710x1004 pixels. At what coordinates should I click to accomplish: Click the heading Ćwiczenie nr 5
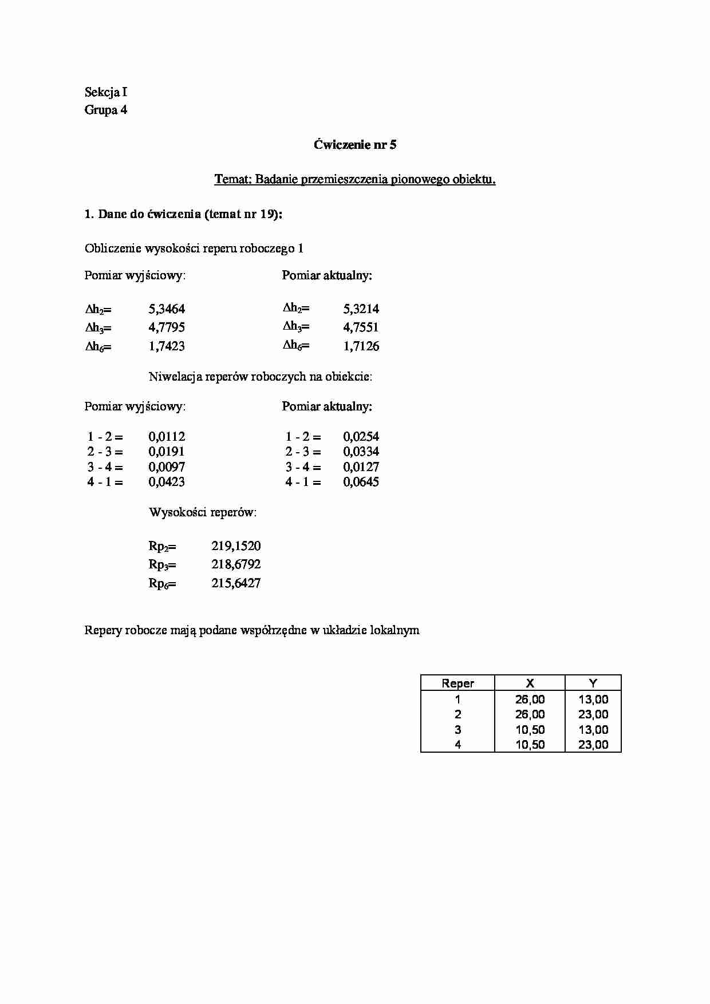pos(354,145)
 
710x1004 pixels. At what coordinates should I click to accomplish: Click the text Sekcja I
pos(106,92)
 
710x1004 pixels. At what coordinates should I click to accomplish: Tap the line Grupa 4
pos(106,110)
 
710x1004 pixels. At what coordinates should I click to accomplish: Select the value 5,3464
pos(167,309)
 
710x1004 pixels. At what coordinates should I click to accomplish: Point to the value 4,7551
pos(361,327)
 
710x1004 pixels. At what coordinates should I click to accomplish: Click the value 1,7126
pos(361,346)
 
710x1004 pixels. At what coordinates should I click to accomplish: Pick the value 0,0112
pos(167,437)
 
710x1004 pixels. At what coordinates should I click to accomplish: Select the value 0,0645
pos(361,482)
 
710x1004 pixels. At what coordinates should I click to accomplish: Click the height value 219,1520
pos(236,546)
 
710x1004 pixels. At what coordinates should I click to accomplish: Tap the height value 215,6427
pos(236,583)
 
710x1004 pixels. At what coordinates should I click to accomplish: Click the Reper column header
pos(457,683)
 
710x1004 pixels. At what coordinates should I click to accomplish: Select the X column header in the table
pos(530,683)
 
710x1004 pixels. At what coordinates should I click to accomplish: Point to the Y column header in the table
pos(593,683)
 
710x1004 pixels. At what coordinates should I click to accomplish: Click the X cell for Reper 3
pos(530,730)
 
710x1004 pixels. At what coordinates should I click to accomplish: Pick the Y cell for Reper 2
pos(593,714)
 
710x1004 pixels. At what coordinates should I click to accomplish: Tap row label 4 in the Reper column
pos(457,745)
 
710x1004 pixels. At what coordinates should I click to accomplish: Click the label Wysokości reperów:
pos(203,512)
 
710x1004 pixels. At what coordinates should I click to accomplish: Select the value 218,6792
pos(236,564)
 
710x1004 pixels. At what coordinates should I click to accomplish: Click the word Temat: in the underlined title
pos(232,180)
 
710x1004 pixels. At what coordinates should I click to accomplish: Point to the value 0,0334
pos(361,452)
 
